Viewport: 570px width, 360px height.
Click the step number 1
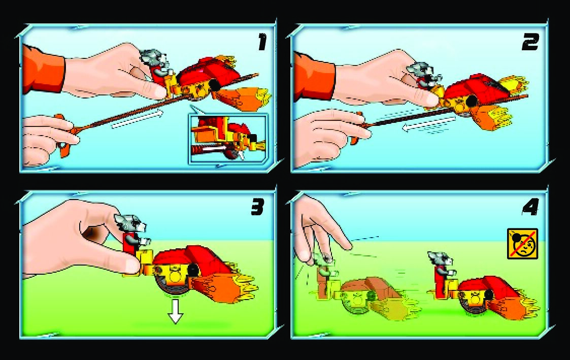click(262, 42)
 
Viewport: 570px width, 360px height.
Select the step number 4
click(530, 208)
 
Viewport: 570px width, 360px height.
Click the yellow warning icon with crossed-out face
click(522, 244)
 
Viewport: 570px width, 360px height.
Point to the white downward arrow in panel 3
click(176, 311)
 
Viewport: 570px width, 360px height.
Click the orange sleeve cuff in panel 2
click(314, 76)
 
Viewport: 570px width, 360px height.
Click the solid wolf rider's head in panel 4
click(441, 259)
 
